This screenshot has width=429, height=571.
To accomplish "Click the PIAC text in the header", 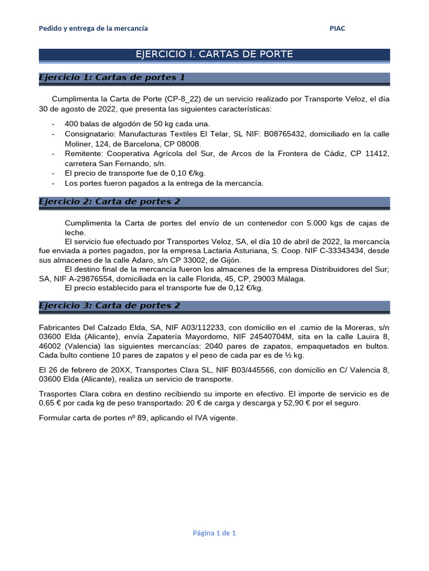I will tap(337, 28).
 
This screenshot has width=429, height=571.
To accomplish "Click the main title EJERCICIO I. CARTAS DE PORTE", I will tap(214, 54).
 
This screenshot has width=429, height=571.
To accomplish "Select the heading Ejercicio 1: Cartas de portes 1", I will tap(112, 78).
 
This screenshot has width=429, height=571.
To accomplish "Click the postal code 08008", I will tap(188, 143).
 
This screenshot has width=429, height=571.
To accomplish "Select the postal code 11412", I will tap(375, 153).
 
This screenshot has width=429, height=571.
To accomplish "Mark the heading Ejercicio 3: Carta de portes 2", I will tap(109, 306).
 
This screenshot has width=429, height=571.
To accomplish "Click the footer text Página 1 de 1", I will tap(214, 533).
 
